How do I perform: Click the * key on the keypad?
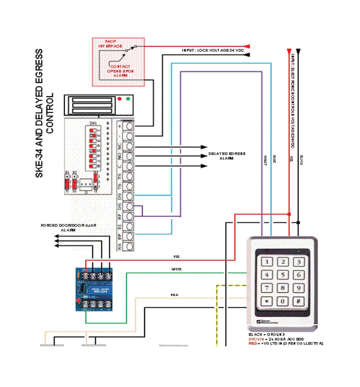coord(268,302)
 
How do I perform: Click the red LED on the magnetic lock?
coord(120,99)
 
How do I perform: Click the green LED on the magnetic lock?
coord(128,99)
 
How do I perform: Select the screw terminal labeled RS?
coord(129,247)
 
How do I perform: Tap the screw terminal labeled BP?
coord(129,237)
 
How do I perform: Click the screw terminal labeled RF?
coord(129,217)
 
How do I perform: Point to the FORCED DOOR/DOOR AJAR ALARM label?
coord(69,228)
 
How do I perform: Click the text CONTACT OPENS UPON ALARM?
coord(121,71)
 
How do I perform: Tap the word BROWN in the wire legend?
coord(255,339)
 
